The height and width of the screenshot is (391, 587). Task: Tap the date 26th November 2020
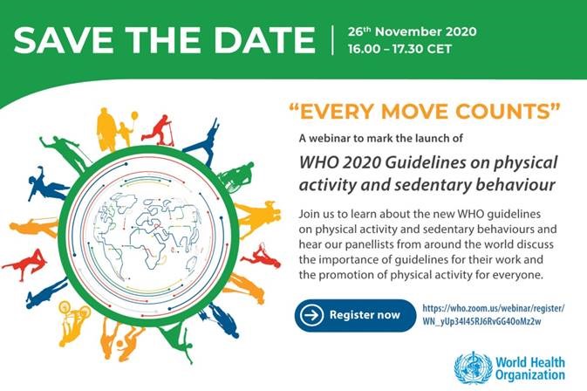(x=413, y=31)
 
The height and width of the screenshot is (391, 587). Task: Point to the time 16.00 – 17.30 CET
(x=399, y=49)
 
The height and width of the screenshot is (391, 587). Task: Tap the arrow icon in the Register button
(x=311, y=315)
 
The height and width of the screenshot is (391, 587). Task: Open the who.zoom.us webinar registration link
(x=494, y=315)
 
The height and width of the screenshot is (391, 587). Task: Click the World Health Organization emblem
(x=474, y=368)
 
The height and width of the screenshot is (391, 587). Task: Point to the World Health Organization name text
(x=530, y=369)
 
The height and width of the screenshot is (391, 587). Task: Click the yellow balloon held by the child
(x=133, y=116)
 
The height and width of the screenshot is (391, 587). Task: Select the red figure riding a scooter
(x=159, y=130)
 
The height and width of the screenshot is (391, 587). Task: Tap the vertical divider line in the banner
(x=332, y=39)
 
